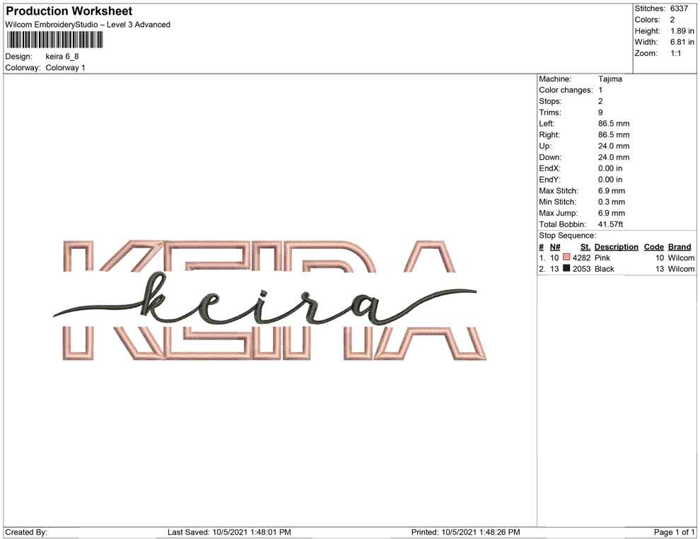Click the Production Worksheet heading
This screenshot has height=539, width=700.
click(69, 11)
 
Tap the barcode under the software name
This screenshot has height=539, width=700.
click(55, 40)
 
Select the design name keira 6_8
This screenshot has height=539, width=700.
click(62, 57)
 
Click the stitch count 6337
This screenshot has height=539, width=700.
click(679, 8)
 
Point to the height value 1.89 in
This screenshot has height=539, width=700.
click(682, 31)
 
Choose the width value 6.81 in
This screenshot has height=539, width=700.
click(682, 42)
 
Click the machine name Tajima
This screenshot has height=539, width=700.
click(609, 79)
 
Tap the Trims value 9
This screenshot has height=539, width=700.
click(600, 112)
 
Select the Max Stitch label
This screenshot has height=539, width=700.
click(558, 191)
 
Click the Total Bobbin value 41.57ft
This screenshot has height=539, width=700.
click(610, 224)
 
